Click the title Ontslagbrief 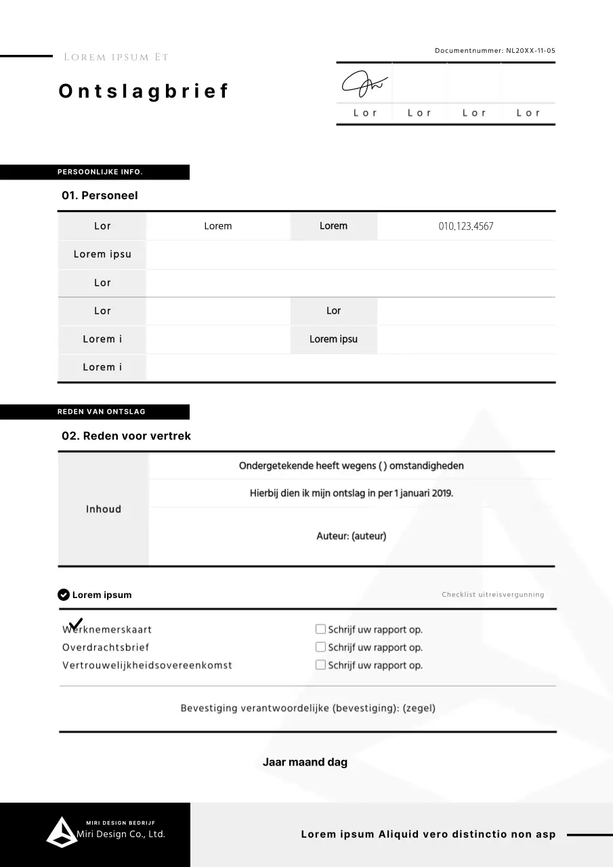pos(144,91)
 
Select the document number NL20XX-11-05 pos(530,51)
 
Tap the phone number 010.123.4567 pos(466,226)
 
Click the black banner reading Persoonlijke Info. pos(95,172)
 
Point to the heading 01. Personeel pos(100,195)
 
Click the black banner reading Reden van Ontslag pos(95,412)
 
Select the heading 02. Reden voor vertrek pos(126,436)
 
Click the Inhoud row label pos(103,509)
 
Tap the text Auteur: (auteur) pos(351,536)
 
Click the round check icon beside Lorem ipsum pos(64,595)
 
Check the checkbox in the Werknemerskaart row pos(320,629)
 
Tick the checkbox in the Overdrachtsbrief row pos(320,647)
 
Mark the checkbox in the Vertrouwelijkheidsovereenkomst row pos(320,664)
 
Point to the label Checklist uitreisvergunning pos(492,595)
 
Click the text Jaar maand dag pos(305,762)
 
